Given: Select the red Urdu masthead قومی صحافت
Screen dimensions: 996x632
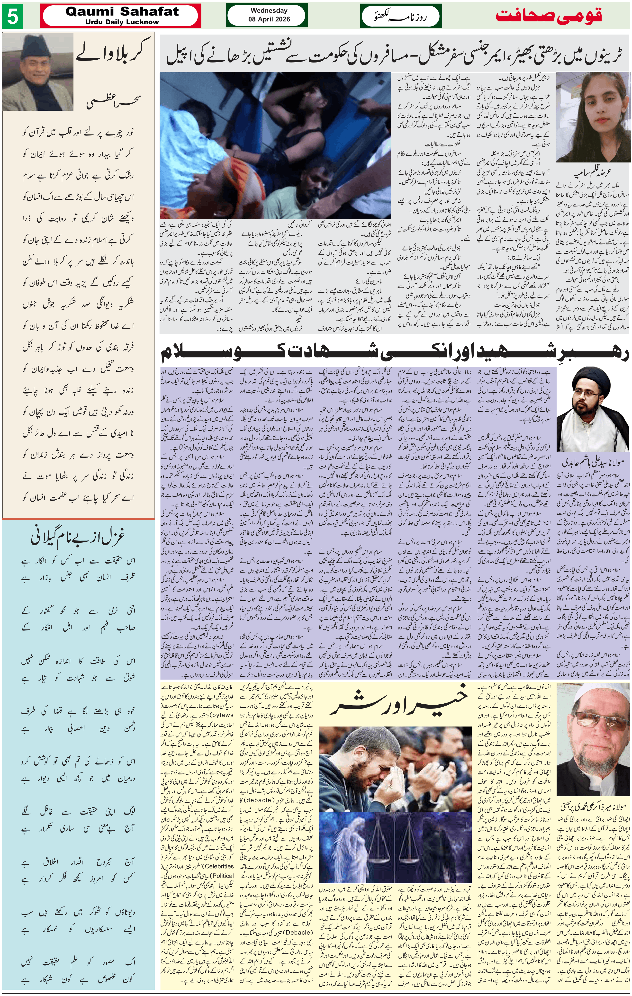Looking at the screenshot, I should click(x=549, y=16).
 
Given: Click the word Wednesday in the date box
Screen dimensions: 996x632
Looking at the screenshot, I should click(x=269, y=11).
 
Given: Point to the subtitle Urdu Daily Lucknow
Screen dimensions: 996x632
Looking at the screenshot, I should click(x=122, y=22).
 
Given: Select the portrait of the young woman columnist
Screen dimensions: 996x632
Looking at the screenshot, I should click(x=593, y=117).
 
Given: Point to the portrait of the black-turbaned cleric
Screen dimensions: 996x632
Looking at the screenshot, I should click(x=593, y=410).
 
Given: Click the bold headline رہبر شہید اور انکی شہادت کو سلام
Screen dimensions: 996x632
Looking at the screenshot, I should click(x=395, y=353).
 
